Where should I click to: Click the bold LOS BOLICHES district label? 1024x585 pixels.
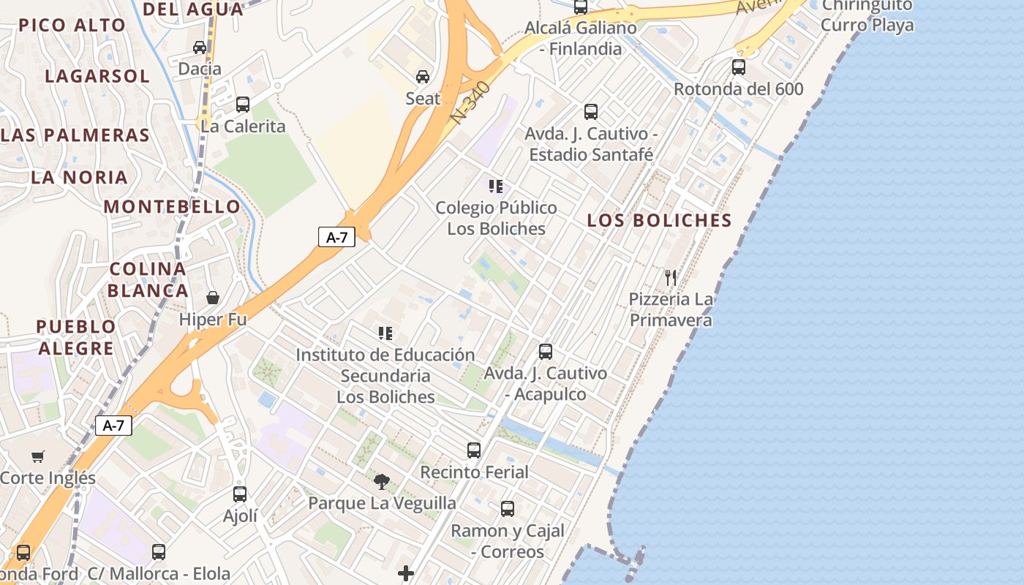659,220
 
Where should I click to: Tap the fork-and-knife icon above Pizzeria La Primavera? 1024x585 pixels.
670,277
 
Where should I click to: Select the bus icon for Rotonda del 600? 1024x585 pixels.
739,67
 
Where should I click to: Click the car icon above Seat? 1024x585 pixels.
423,76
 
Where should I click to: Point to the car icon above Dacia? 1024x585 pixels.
200,48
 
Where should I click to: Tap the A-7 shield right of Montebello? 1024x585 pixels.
336,237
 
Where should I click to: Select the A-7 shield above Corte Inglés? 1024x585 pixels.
113,426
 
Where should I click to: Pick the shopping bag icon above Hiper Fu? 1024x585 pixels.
213,298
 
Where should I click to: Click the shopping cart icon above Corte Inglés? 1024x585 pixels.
38,456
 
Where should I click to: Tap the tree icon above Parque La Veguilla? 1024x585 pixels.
381,481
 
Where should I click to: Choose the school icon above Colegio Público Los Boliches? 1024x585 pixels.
496,186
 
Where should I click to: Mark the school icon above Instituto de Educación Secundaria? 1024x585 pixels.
385,333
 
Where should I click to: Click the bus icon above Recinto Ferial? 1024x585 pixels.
474,450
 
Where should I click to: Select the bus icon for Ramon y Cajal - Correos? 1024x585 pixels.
508,508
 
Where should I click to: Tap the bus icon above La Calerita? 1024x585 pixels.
243,104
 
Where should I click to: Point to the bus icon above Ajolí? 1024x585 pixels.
240,494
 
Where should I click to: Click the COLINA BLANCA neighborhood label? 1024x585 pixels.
148,279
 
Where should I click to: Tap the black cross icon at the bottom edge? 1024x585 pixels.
406,573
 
